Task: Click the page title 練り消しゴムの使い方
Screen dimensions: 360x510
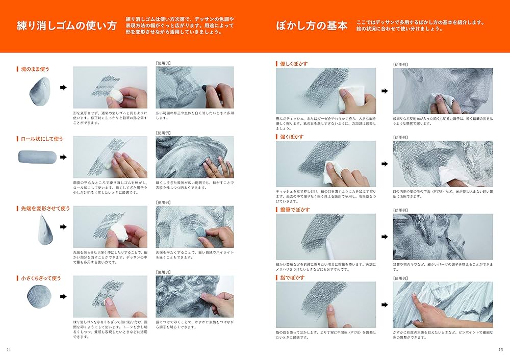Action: [67, 25]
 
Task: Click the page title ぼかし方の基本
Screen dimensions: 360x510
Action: [312, 25]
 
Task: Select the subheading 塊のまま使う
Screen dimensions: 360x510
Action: [36, 69]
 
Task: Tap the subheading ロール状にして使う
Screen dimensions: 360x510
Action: [41, 138]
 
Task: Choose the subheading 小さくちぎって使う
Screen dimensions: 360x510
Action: [40, 278]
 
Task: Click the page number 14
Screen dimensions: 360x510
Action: [9, 349]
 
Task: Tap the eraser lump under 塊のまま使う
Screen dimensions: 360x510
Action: [37, 92]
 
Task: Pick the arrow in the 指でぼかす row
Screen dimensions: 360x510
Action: [384, 305]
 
